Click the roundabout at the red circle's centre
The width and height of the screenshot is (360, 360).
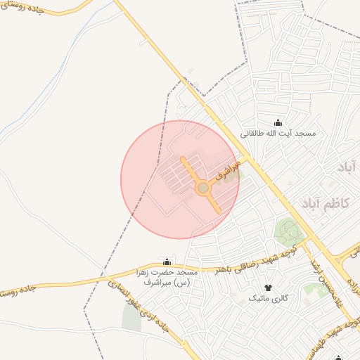pos(202,188)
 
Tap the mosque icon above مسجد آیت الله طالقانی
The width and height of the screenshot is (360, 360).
pos(277,122)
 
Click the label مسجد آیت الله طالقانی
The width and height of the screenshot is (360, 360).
pos(278,133)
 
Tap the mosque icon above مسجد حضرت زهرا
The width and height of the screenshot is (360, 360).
pos(167,262)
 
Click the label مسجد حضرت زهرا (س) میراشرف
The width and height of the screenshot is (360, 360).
pos(167,276)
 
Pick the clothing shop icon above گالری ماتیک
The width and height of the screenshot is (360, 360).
pos(267,288)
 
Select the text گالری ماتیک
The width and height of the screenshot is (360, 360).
pos(268,298)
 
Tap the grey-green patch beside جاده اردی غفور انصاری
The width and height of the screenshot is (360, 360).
pos(131,318)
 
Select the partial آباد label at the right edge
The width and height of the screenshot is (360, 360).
pos(347,167)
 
